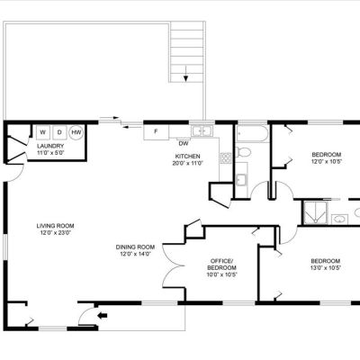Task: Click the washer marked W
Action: coord(44,132)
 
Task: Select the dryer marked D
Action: coord(60,132)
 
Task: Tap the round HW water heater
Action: coord(76,132)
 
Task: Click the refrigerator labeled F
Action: coord(156,132)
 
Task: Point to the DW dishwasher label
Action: coord(184,144)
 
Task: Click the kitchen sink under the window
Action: coord(202,131)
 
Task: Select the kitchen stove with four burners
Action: coord(226,157)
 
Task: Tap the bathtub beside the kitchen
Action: coord(252,134)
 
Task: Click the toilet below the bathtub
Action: coord(243,152)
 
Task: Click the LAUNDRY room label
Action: coord(50,146)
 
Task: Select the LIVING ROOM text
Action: coord(55,226)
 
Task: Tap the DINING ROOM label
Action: coord(135,247)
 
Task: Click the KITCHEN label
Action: coord(188,157)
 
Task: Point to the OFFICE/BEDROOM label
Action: coord(221,264)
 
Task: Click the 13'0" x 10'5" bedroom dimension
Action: coord(326,268)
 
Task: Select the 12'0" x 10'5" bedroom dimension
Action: coord(327,162)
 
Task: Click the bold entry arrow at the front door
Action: coord(103,315)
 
